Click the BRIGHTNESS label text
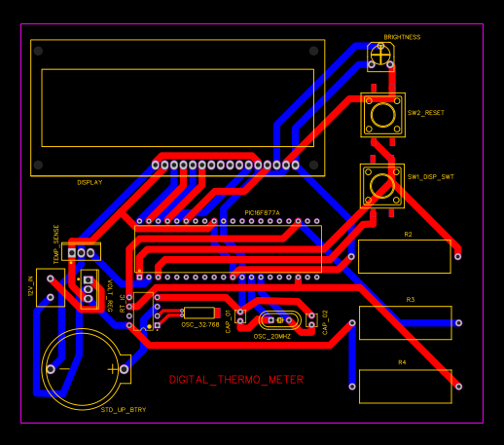[402, 37]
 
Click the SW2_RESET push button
[382, 115]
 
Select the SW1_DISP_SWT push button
[382, 183]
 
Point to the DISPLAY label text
[90, 182]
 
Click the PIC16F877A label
[262, 212]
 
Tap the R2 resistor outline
[404, 256]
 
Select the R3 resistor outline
[405, 322]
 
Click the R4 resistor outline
[404, 386]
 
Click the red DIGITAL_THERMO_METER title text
[236, 380]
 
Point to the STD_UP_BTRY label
[124, 410]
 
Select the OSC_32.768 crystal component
[199, 313]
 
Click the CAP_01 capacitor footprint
[240, 316]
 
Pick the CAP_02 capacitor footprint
[312, 319]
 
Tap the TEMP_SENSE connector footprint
[83, 251]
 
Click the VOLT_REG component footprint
[90, 289]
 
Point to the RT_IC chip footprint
[145, 311]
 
